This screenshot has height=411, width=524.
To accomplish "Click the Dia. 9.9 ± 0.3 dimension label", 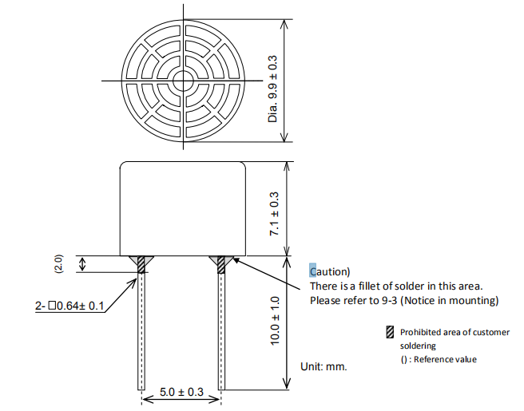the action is point(272,89).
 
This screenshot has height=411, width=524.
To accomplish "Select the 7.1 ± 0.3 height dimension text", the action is point(274,214).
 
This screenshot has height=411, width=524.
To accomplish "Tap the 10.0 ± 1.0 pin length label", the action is point(274,321).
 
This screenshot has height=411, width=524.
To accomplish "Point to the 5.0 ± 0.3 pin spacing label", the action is point(181,392).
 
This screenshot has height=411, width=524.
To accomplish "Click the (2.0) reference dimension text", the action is point(58,264).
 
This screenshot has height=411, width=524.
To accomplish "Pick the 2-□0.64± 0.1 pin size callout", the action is point(69,306).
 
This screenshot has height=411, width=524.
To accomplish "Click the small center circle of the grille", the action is point(183,81).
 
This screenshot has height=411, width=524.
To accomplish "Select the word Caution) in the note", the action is point(330,271).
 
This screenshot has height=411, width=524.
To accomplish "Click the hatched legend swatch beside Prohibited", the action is point(390,332).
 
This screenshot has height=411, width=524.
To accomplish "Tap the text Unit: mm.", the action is point(324,366).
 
